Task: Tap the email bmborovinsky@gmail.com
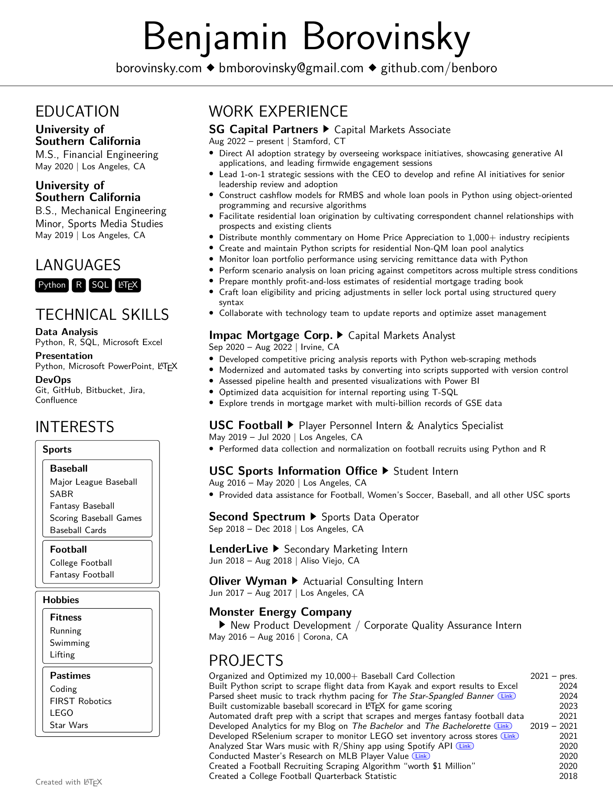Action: point(291,68)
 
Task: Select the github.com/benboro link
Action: point(439,68)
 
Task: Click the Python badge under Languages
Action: point(52,285)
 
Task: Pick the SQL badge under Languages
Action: point(100,285)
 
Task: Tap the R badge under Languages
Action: point(79,285)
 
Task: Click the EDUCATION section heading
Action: point(77,111)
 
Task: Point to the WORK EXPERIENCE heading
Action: point(278,111)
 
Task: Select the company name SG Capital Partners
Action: point(263,130)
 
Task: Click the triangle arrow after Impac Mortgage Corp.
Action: point(340,335)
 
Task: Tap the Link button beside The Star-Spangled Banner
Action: point(506,696)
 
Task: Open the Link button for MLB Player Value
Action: point(421,756)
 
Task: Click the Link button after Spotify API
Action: point(465,746)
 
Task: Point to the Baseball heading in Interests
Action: point(69,469)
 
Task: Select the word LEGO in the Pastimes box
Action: point(61,713)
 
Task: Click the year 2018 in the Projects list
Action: point(568,776)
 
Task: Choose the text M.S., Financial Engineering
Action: point(97,154)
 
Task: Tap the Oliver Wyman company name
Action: point(248,581)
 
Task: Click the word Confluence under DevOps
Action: point(56,400)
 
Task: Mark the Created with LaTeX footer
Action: point(69,782)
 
